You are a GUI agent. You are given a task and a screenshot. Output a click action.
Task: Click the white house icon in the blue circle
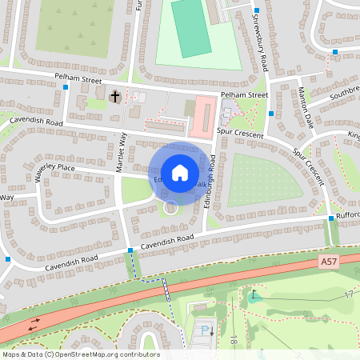[x=180, y=172]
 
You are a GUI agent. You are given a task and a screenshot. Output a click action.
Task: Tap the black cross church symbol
[x=114, y=97]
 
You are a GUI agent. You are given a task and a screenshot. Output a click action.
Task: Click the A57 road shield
[x=328, y=261]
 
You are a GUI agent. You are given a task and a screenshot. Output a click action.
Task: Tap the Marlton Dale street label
[x=304, y=104]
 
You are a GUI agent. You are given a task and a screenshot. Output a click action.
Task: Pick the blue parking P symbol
[x=205, y=330]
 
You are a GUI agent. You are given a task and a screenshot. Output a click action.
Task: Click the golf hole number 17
[x=349, y=295]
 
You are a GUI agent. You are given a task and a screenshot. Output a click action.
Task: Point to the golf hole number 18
[x=234, y=340]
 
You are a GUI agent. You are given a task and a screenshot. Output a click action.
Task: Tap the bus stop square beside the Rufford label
[x=331, y=218]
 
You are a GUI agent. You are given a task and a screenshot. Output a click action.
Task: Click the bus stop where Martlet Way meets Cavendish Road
[x=130, y=251]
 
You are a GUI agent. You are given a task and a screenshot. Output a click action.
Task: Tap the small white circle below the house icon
[x=170, y=208]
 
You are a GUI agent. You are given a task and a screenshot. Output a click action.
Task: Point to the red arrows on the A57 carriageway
[x=34, y=325]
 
